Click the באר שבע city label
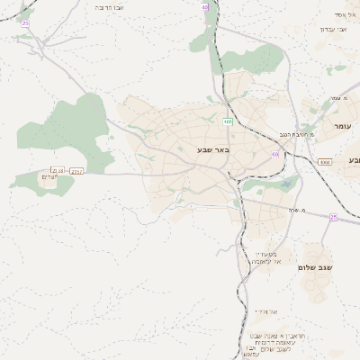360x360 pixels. point(215,150)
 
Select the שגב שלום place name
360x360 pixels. point(319,267)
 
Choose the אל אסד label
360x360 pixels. point(346,14)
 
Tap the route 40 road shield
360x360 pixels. point(204,7)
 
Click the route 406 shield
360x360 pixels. point(228,121)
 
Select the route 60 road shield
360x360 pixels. point(274,155)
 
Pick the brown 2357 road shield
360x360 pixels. point(76,170)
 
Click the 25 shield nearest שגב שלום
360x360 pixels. point(333,217)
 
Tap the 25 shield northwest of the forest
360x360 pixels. point(25,22)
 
